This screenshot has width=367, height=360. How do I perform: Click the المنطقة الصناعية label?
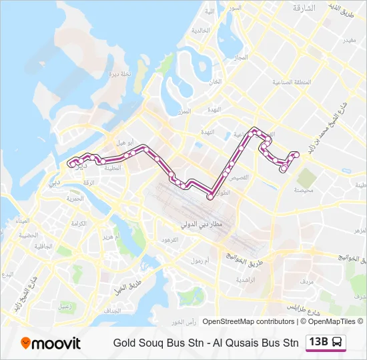point(292,83)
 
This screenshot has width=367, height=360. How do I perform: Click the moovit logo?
point(51,343)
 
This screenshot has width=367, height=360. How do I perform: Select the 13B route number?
point(318,343)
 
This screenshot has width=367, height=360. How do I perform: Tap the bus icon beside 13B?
point(338,343)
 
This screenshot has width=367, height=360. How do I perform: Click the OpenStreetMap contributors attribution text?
point(248,321)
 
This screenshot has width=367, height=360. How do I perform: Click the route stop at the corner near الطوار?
point(210,197)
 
